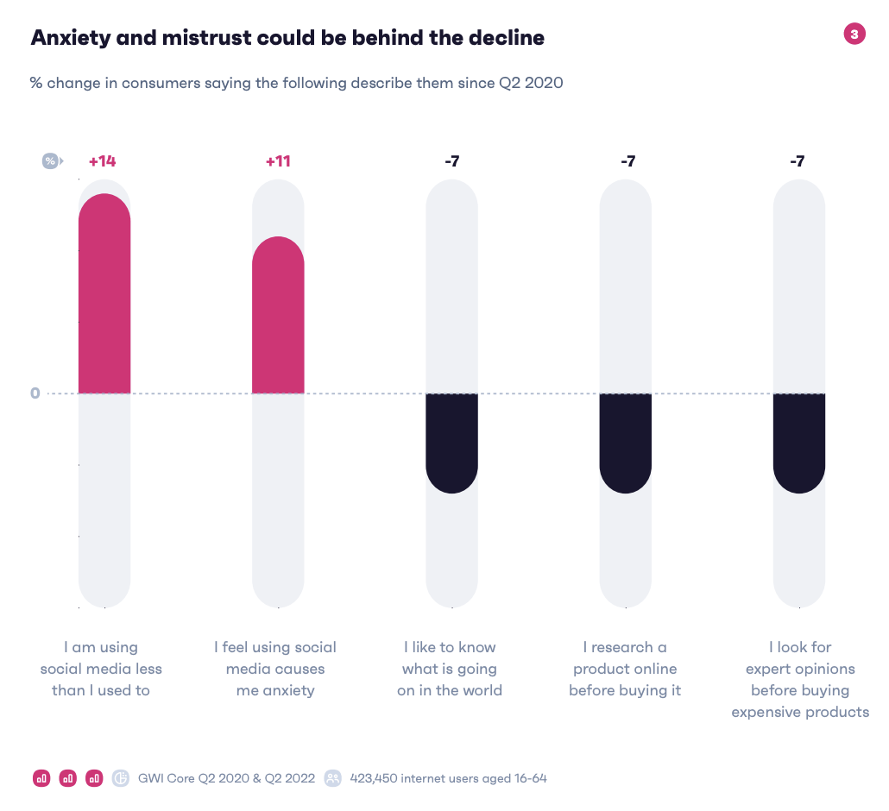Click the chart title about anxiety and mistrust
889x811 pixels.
[287, 38]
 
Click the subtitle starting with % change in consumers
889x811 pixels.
[296, 83]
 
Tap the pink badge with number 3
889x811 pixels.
[854, 35]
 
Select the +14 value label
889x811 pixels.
[102, 161]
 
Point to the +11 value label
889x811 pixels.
[278, 161]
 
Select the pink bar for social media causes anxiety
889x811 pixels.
[278, 316]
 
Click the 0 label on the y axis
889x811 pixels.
[35, 393]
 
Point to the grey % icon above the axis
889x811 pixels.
[51, 161]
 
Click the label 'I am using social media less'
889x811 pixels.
[101, 669]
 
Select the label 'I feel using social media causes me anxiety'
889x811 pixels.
[275, 669]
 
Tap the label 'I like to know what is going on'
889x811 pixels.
[450, 669]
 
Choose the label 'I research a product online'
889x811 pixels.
[625, 669]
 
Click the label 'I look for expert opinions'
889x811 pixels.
[800, 679]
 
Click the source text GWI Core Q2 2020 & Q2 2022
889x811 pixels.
[225, 778]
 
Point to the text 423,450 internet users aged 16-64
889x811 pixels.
[448, 778]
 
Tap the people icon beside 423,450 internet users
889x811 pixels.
[332, 778]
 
